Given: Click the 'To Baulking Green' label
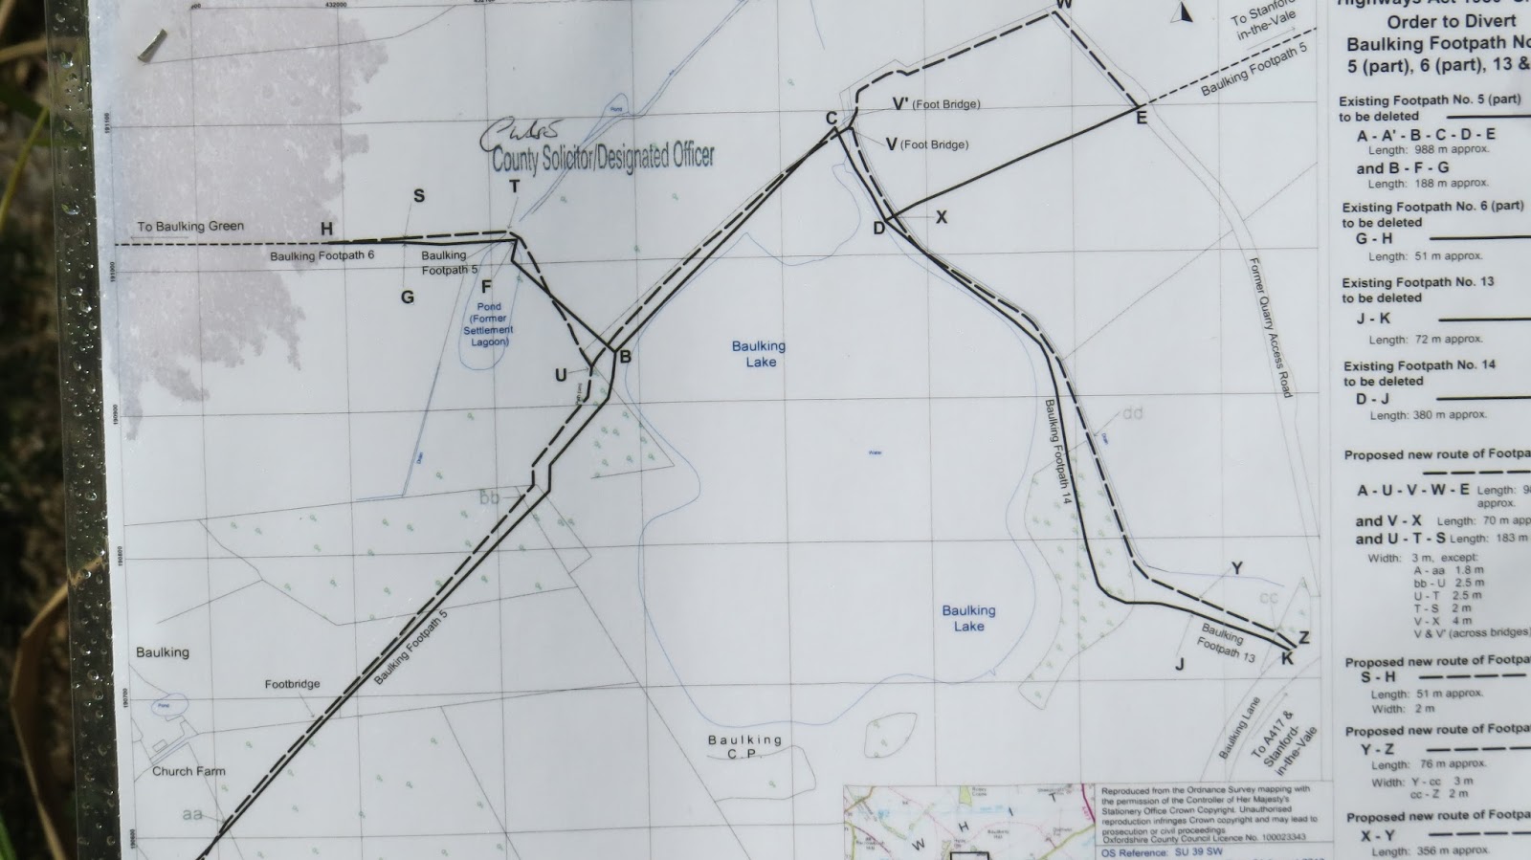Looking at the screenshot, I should pyautogui.click(x=190, y=227).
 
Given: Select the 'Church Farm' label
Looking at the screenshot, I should pyautogui.click(x=189, y=771).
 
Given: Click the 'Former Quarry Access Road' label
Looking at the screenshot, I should pyautogui.click(x=1271, y=326).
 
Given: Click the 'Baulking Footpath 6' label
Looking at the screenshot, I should pyautogui.click(x=322, y=256).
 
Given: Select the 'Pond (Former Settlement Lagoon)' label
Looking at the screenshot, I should pyautogui.click(x=488, y=324).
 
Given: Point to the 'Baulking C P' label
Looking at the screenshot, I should pyautogui.click(x=744, y=746).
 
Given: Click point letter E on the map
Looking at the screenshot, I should pyautogui.click(x=1141, y=119).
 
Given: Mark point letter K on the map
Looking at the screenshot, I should pyautogui.click(x=1287, y=658).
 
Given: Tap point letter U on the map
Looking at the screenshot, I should pyautogui.click(x=561, y=376).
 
